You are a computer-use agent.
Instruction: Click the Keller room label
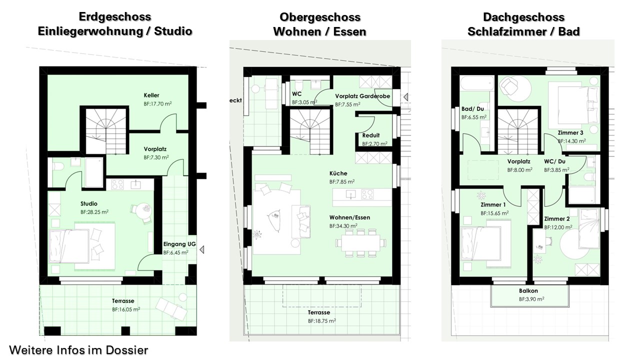pyautogui.click(x=151, y=95)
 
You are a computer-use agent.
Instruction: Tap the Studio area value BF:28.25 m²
pyautogui.click(x=94, y=212)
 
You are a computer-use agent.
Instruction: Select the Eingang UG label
pyautogui.click(x=179, y=244)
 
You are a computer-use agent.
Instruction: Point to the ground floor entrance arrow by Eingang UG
pyautogui.click(x=202, y=249)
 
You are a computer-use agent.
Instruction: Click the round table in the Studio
pyautogui.click(x=143, y=211)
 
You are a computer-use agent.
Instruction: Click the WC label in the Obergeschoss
pyautogui.click(x=296, y=94)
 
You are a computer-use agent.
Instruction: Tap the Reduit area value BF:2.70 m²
pyautogui.click(x=375, y=143)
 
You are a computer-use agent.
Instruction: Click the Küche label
pyautogui.click(x=338, y=173)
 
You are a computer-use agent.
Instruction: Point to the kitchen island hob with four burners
pyautogui.click(x=367, y=194)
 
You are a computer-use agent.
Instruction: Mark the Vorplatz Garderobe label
pyautogui.click(x=362, y=96)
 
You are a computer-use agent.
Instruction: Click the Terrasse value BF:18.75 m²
pyautogui.click(x=322, y=321)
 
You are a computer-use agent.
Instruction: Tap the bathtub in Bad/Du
pyautogui.click(x=477, y=83)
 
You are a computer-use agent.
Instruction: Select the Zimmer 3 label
pyautogui.click(x=570, y=133)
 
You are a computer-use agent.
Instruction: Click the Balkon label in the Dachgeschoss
pyautogui.click(x=528, y=291)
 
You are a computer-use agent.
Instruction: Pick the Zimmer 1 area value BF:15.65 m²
pyautogui.click(x=494, y=213)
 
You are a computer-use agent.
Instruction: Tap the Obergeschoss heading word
pyautogui.click(x=320, y=17)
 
